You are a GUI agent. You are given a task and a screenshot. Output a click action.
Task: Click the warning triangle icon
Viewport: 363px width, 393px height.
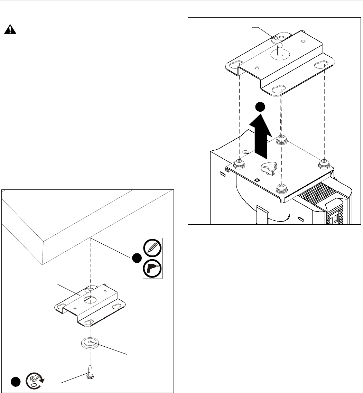(x=10, y=30)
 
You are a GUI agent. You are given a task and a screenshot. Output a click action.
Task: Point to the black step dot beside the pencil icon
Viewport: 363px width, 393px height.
(x=137, y=258)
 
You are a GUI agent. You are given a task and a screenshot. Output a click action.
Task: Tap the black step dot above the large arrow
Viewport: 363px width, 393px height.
(x=260, y=107)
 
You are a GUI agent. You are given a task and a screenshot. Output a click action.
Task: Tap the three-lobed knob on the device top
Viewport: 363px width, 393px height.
(x=268, y=168)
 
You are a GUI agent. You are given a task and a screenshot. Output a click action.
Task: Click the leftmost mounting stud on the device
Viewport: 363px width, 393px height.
(x=238, y=163)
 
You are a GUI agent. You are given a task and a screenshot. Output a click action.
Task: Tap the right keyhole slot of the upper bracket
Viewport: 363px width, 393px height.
(x=320, y=65)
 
